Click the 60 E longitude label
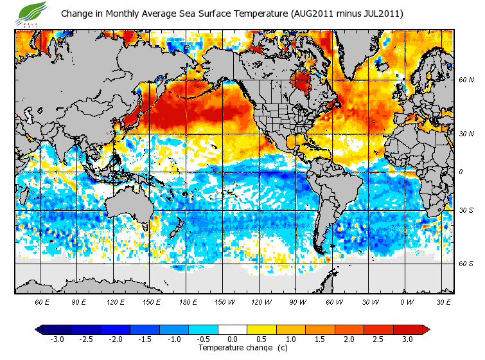pos(42,301)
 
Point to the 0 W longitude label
pos(407,301)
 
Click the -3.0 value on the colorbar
pos(57,339)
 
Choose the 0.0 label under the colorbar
pos(233,339)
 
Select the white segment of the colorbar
pos(233,329)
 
